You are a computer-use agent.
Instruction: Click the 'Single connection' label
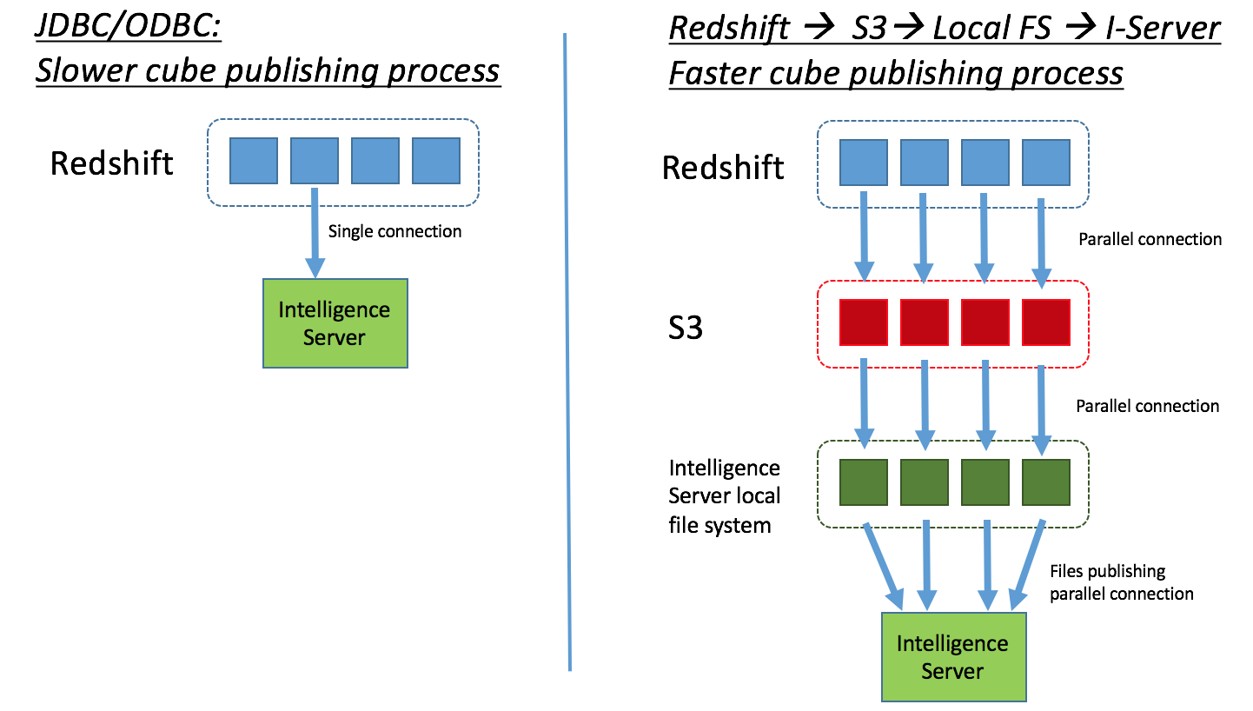[x=394, y=231]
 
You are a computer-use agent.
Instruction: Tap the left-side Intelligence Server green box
[x=335, y=323]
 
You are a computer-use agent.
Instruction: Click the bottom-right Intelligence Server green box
[x=953, y=657]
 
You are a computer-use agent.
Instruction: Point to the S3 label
[x=685, y=329]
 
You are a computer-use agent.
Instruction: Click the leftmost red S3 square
[x=863, y=322]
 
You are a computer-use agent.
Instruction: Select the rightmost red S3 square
[x=1045, y=322]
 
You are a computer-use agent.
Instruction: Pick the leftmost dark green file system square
[x=863, y=483]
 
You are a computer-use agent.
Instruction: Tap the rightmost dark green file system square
[x=1045, y=483]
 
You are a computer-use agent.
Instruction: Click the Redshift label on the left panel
[x=112, y=163]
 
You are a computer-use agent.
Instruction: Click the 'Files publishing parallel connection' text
[x=1121, y=582]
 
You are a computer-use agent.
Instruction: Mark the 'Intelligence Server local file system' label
[x=725, y=496]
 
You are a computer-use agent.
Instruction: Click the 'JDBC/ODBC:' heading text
[x=129, y=27]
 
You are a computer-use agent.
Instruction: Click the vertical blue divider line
[x=567, y=348]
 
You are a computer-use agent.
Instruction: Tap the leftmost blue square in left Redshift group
[x=254, y=161]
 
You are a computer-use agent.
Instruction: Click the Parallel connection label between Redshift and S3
[x=1150, y=239]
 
